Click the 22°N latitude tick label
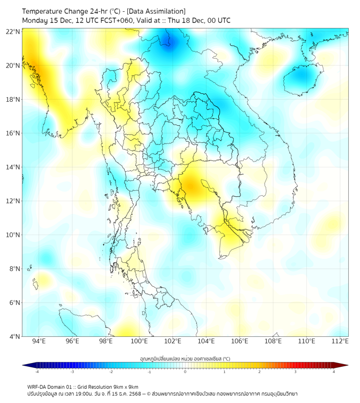click(x=13, y=31)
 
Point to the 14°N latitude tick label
click(x=13, y=167)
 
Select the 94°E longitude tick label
click(x=39, y=341)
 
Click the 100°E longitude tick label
click(x=139, y=341)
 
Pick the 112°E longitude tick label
click(x=340, y=341)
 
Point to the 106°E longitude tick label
click(x=240, y=341)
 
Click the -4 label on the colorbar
click(x=37, y=372)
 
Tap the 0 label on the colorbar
click(x=185, y=372)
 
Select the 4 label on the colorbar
click(x=334, y=372)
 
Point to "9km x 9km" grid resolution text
click(x=124, y=386)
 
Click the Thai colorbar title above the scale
click(x=185, y=359)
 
